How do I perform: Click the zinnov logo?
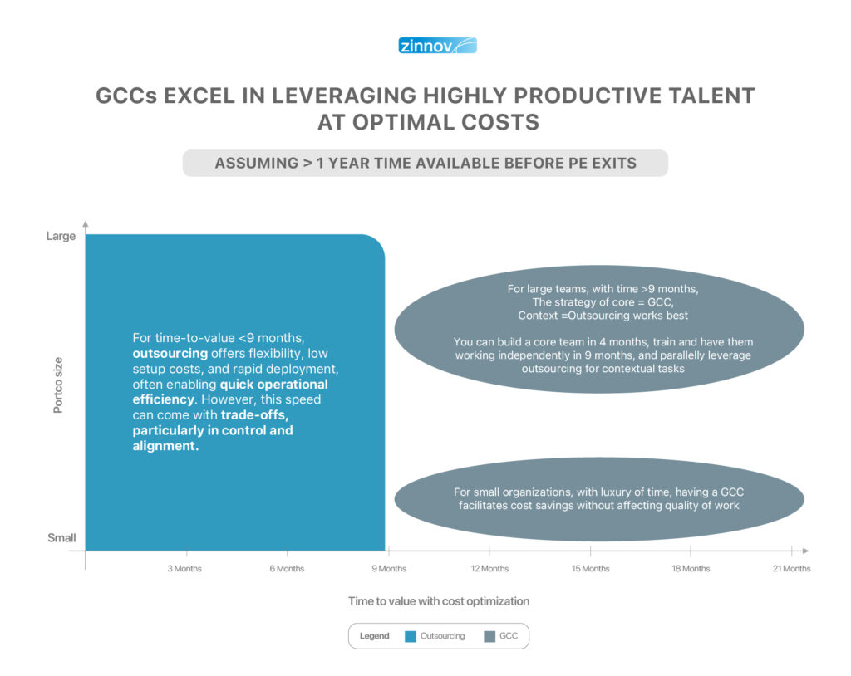(x=437, y=46)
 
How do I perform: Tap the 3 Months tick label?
(x=184, y=569)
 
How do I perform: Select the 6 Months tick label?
(x=287, y=569)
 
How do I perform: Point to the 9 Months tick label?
(x=389, y=569)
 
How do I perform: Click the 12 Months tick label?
(x=489, y=569)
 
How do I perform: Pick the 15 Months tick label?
(x=591, y=569)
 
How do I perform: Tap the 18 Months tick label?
(x=691, y=569)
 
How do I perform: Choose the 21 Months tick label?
(x=792, y=569)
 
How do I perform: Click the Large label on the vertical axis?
(x=61, y=237)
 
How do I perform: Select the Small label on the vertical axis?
(x=61, y=537)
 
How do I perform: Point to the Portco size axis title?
(x=58, y=385)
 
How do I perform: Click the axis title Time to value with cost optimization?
(x=439, y=601)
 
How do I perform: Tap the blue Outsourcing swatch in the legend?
(x=411, y=636)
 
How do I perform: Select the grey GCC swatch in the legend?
(x=489, y=636)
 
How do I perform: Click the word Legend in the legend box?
(x=375, y=636)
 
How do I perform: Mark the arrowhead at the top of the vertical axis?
(x=86, y=224)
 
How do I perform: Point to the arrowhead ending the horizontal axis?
(x=805, y=551)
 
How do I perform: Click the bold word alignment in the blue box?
(x=165, y=446)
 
